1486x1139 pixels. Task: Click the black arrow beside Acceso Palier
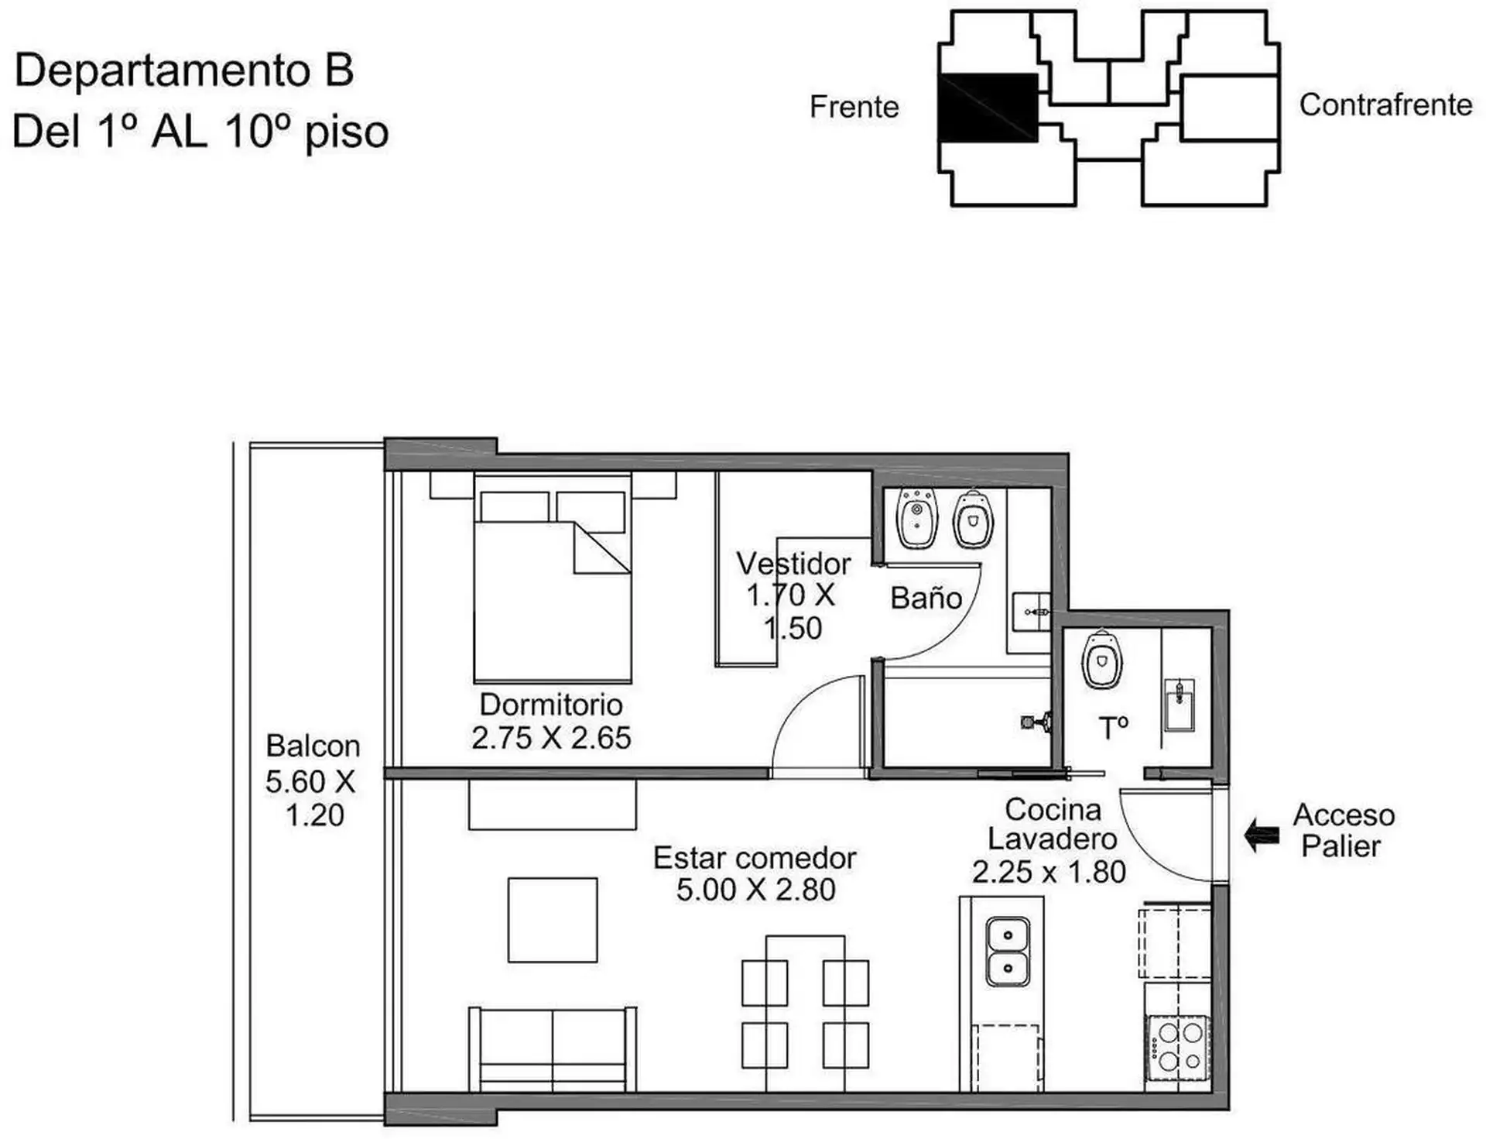click(1262, 835)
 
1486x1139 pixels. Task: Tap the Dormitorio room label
click(551, 705)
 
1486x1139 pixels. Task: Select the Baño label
click(926, 597)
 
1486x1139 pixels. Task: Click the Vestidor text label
click(793, 564)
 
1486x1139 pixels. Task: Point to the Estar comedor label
click(755, 858)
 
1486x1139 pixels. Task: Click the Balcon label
click(313, 746)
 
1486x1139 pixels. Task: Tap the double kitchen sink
click(1007, 952)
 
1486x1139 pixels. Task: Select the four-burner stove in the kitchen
click(1178, 1045)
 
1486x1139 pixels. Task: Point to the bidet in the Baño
click(917, 517)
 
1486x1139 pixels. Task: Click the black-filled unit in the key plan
click(988, 108)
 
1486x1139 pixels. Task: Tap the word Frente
click(854, 107)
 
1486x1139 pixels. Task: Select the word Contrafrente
click(1385, 105)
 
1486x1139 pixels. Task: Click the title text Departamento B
click(184, 70)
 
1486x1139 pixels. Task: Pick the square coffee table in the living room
click(553, 920)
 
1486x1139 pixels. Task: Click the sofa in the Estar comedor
click(553, 1049)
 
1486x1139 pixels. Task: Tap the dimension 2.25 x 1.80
click(1049, 872)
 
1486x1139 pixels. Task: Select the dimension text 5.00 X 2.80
click(755, 890)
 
